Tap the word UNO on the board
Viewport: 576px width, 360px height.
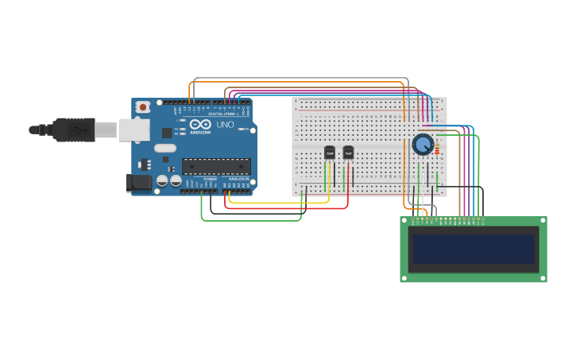226,124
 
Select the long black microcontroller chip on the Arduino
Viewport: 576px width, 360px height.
216,166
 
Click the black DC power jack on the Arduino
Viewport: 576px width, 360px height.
139,184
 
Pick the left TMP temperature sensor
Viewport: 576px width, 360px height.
330,153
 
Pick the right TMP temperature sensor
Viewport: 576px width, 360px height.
348,153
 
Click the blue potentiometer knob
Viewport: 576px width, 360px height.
423,145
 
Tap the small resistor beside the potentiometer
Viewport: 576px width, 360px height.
437,147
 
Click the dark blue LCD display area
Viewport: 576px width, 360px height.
474,249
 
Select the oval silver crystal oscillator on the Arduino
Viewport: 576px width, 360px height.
165,148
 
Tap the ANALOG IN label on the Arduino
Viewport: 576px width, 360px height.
238,179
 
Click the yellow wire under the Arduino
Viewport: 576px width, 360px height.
278,203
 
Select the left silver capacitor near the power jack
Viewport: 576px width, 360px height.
162,180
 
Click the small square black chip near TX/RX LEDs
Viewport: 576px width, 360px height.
167,133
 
